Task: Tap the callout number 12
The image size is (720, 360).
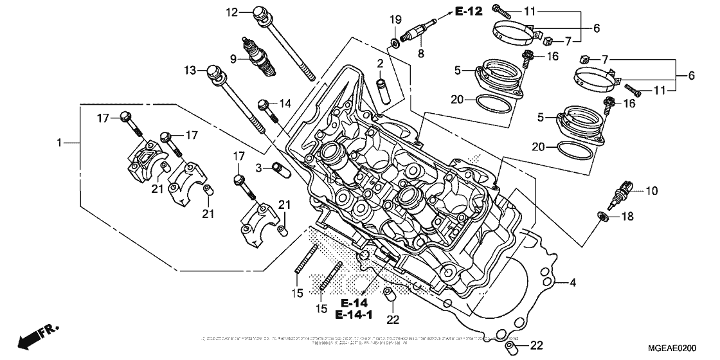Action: coord(232,12)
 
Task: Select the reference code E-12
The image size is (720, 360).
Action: coord(469,11)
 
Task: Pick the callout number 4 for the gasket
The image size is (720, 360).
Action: coord(572,283)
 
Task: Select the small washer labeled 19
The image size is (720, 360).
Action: coord(396,44)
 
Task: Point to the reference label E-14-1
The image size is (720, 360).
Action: coord(354,314)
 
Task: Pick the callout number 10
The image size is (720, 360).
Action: coord(652,191)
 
